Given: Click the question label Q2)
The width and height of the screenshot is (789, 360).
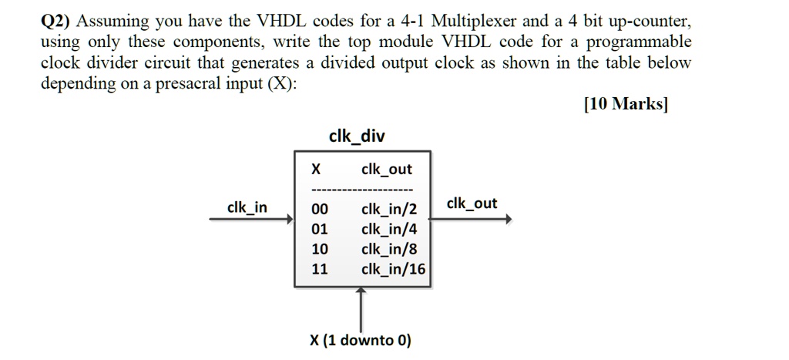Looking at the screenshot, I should click(x=57, y=21).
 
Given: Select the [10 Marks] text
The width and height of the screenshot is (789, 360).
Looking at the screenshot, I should click(x=626, y=105).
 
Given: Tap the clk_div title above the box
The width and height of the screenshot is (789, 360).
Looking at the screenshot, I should click(x=357, y=136).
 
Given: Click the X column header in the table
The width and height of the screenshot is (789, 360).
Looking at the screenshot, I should click(x=316, y=169).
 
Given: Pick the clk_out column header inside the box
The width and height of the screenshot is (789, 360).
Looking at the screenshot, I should click(x=387, y=169).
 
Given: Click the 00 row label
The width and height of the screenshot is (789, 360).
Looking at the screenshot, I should click(x=319, y=209).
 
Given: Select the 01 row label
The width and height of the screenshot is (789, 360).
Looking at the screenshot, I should click(x=319, y=229).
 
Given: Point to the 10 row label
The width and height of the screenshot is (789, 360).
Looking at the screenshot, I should click(x=319, y=249).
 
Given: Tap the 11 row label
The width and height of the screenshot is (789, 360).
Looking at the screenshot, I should click(x=319, y=269).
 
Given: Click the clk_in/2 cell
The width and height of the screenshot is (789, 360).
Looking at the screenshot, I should click(x=389, y=209).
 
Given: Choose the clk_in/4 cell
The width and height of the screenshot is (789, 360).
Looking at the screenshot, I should click(x=389, y=229).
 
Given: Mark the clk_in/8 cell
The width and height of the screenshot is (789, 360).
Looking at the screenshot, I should click(x=389, y=249).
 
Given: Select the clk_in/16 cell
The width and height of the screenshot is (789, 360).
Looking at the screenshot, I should click(x=393, y=269).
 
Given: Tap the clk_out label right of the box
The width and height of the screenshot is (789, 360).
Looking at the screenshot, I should click(x=472, y=204).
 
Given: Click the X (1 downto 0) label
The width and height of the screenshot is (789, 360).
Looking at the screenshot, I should click(x=360, y=340).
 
